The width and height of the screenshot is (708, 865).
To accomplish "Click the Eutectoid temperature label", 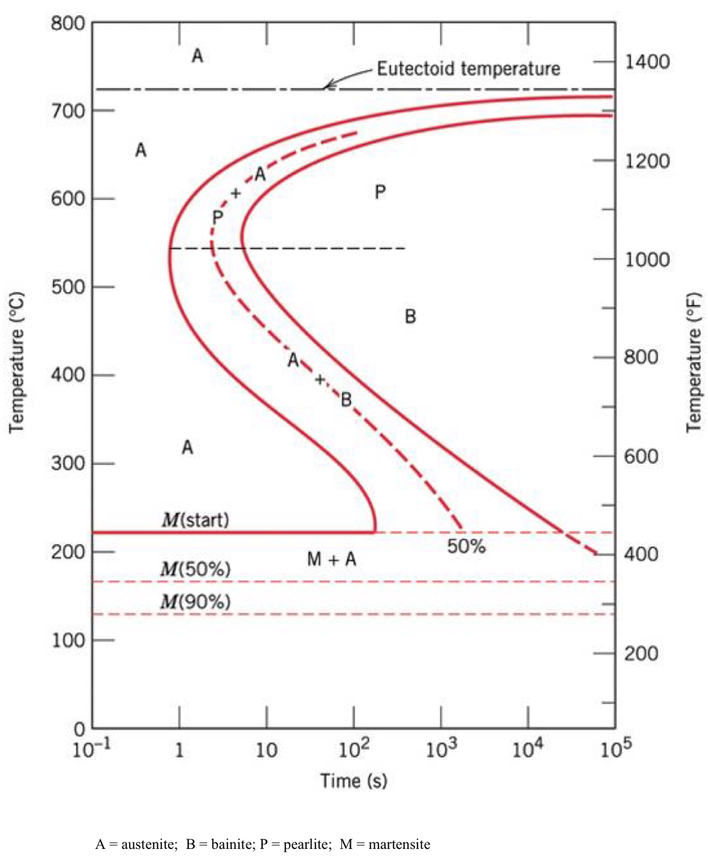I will [468, 68].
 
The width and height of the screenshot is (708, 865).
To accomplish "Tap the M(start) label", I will [195, 520].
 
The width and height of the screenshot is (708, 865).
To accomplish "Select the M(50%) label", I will [195, 569].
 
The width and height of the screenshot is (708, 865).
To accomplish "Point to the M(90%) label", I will [195, 602].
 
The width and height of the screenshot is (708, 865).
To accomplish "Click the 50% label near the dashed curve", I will [466, 546].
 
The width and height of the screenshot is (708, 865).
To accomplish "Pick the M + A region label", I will [331, 559].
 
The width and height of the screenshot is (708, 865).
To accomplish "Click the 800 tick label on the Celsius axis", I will [68, 23].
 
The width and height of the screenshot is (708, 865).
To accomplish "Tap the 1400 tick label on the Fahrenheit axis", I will [647, 62].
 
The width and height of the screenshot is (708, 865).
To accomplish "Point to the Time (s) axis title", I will [354, 780].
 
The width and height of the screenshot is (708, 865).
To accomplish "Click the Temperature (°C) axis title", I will [16, 362].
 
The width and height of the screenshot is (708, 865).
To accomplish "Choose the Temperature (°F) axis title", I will [693, 362].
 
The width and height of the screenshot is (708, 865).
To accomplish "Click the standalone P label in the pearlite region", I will [380, 192].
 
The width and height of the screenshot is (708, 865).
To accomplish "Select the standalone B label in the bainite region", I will [410, 316].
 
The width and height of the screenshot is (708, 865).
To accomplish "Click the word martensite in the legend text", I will [399, 844].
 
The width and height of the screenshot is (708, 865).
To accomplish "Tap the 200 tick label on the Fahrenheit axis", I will [641, 654].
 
